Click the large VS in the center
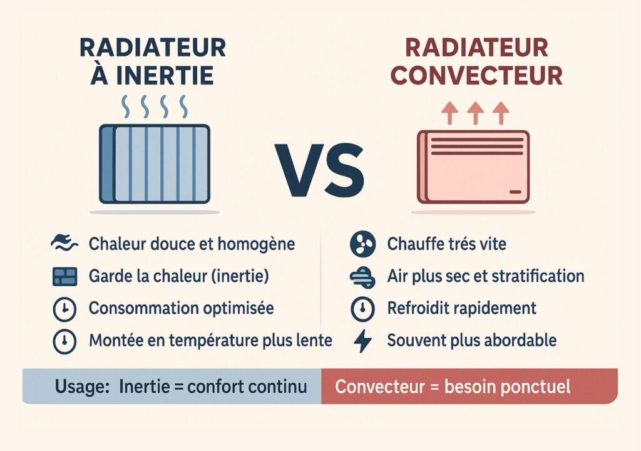[319, 170]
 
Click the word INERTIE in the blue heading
[165, 75]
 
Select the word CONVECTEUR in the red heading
[476, 75]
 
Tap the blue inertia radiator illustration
[155, 164]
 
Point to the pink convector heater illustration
[473, 167]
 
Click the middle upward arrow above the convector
[476, 113]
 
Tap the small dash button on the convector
[516, 192]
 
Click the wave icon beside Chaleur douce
[64, 243]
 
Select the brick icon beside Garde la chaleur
[64, 276]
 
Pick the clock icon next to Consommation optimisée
[64, 309]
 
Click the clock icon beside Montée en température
[64, 341]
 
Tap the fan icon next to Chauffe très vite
[362, 244]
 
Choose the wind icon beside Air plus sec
[362, 277]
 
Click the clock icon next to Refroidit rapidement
[362, 309]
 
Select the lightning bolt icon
[362, 341]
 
